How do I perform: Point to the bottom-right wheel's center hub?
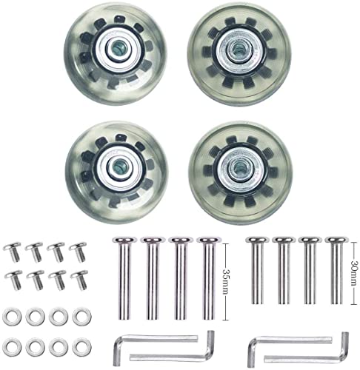pos(241,167)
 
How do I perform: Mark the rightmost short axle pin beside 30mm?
pos(337,270)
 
